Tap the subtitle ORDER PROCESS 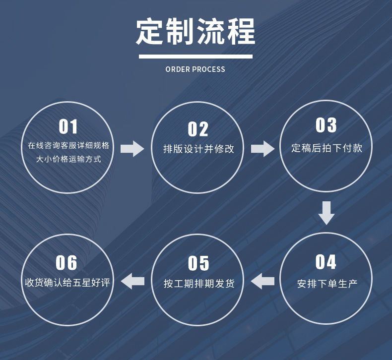(x=196, y=69)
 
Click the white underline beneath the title (x=196, y=57)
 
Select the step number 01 (x=68, y=127)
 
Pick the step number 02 (x=198, y=129)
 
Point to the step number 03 (x=326, y=125)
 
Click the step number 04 (x=326, y=262)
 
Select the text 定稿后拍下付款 (x=327, y=148)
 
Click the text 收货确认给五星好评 (x=67, y=283)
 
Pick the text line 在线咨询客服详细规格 (x=68, y=146)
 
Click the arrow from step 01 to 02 (x=132, y=148)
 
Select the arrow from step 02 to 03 (x=262, y=148)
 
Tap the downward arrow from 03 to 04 (x=326, y=212)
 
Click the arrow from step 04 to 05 (x=262, y=281)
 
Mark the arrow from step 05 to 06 (x=133, y=281)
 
